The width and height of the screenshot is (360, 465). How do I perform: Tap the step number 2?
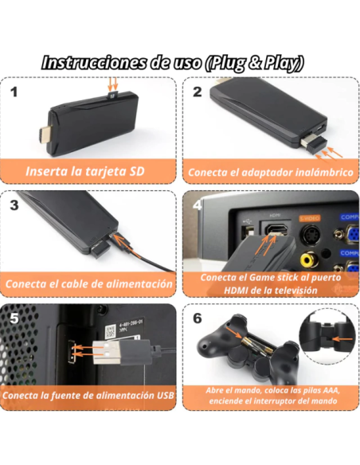coord(197,91)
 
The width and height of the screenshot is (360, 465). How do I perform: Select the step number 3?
coord(14,205)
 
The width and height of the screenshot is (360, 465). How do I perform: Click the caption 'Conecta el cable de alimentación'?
coord(88,283)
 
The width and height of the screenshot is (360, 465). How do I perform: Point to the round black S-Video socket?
coord(308,235)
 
